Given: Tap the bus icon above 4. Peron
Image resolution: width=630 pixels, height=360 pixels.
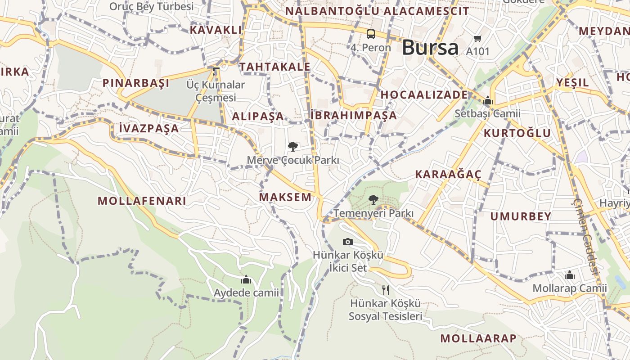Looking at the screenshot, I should (x=371, y=34).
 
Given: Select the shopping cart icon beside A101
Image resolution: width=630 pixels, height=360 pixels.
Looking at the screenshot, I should (x=478, y=39).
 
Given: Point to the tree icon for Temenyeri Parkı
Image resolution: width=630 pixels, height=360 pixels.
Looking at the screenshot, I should (x=373, y=199).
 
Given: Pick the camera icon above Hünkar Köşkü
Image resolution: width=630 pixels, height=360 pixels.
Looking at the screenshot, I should (x=347, y=242).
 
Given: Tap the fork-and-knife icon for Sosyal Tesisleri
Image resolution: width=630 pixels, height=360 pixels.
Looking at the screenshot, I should (x=385, y=290).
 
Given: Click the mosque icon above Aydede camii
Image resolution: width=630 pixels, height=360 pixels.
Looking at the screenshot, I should (x=246, y=280).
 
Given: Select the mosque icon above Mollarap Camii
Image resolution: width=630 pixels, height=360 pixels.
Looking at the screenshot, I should (x=570, y=274).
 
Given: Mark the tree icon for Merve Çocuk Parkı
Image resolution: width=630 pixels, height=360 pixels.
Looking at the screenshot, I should (x=293, y=146).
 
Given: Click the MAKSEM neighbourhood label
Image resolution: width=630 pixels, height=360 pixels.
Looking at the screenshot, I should (x=285, y=197).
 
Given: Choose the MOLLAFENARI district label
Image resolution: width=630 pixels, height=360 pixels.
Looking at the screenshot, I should (x=142, y=201).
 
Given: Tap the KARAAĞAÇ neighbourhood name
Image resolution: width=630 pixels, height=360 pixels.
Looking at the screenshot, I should (x=448, y=175).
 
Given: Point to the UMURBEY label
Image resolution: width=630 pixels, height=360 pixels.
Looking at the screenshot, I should (x=521, y=216).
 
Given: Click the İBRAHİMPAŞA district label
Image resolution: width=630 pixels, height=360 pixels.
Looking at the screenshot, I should (x=354, y=116).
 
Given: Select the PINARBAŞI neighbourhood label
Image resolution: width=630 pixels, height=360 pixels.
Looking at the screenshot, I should (x=136, y=83).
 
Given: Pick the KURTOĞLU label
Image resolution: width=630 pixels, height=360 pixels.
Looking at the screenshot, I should (x=517, y=133).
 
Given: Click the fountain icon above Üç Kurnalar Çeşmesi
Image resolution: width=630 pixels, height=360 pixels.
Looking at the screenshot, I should (x=216, y=71).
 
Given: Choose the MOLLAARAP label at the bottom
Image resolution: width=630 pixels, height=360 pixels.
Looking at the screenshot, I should (x=478, y=338).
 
